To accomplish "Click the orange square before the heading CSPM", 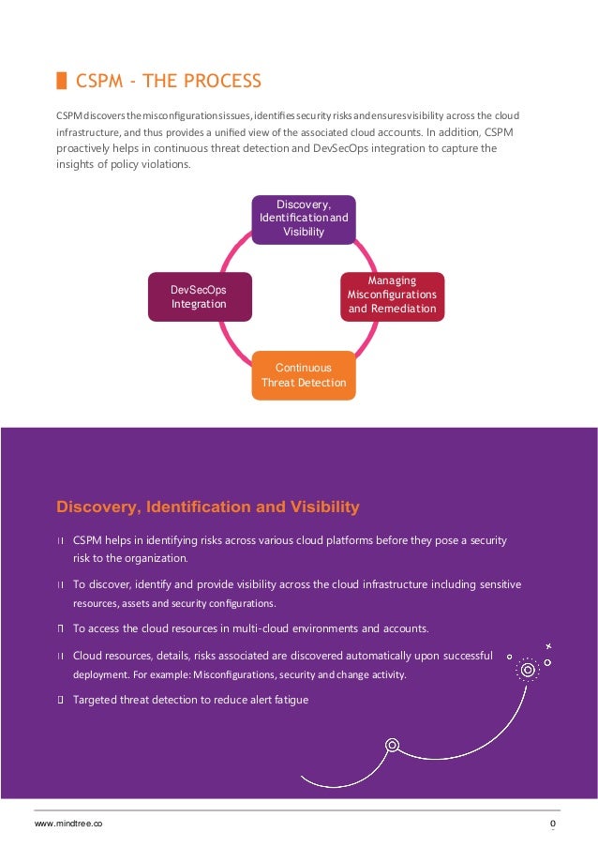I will tap(61, 81).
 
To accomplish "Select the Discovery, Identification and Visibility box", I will tap(303, 219).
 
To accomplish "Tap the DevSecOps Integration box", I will tap(200, 296).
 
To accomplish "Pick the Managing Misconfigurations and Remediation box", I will tap(392, 295).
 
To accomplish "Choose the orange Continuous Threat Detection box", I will tap(304, 375).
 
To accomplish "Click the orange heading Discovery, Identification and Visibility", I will tap(208, 507).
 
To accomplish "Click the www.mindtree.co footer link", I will tap(68, 824).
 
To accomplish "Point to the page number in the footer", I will tap(553, 824).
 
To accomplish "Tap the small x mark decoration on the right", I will tap(548, 646).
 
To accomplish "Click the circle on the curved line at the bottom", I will tap(392, 746).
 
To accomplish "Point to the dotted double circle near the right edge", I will tap(529, 670).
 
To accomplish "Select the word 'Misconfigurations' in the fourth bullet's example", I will tap(233, 675).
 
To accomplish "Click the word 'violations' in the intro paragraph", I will tap(137, 164).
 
